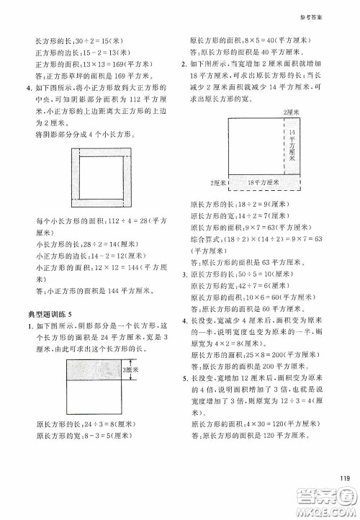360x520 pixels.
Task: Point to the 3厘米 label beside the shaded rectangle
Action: pos(130,372)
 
